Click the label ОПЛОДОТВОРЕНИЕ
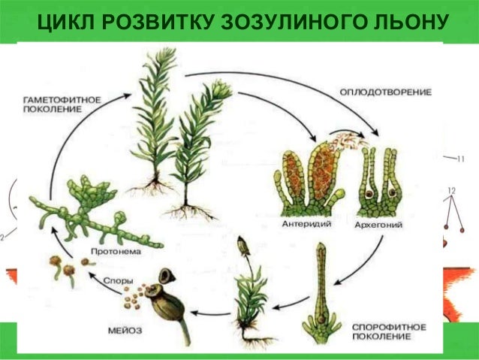(x=385, y=92)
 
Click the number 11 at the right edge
(x=459, y=159)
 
